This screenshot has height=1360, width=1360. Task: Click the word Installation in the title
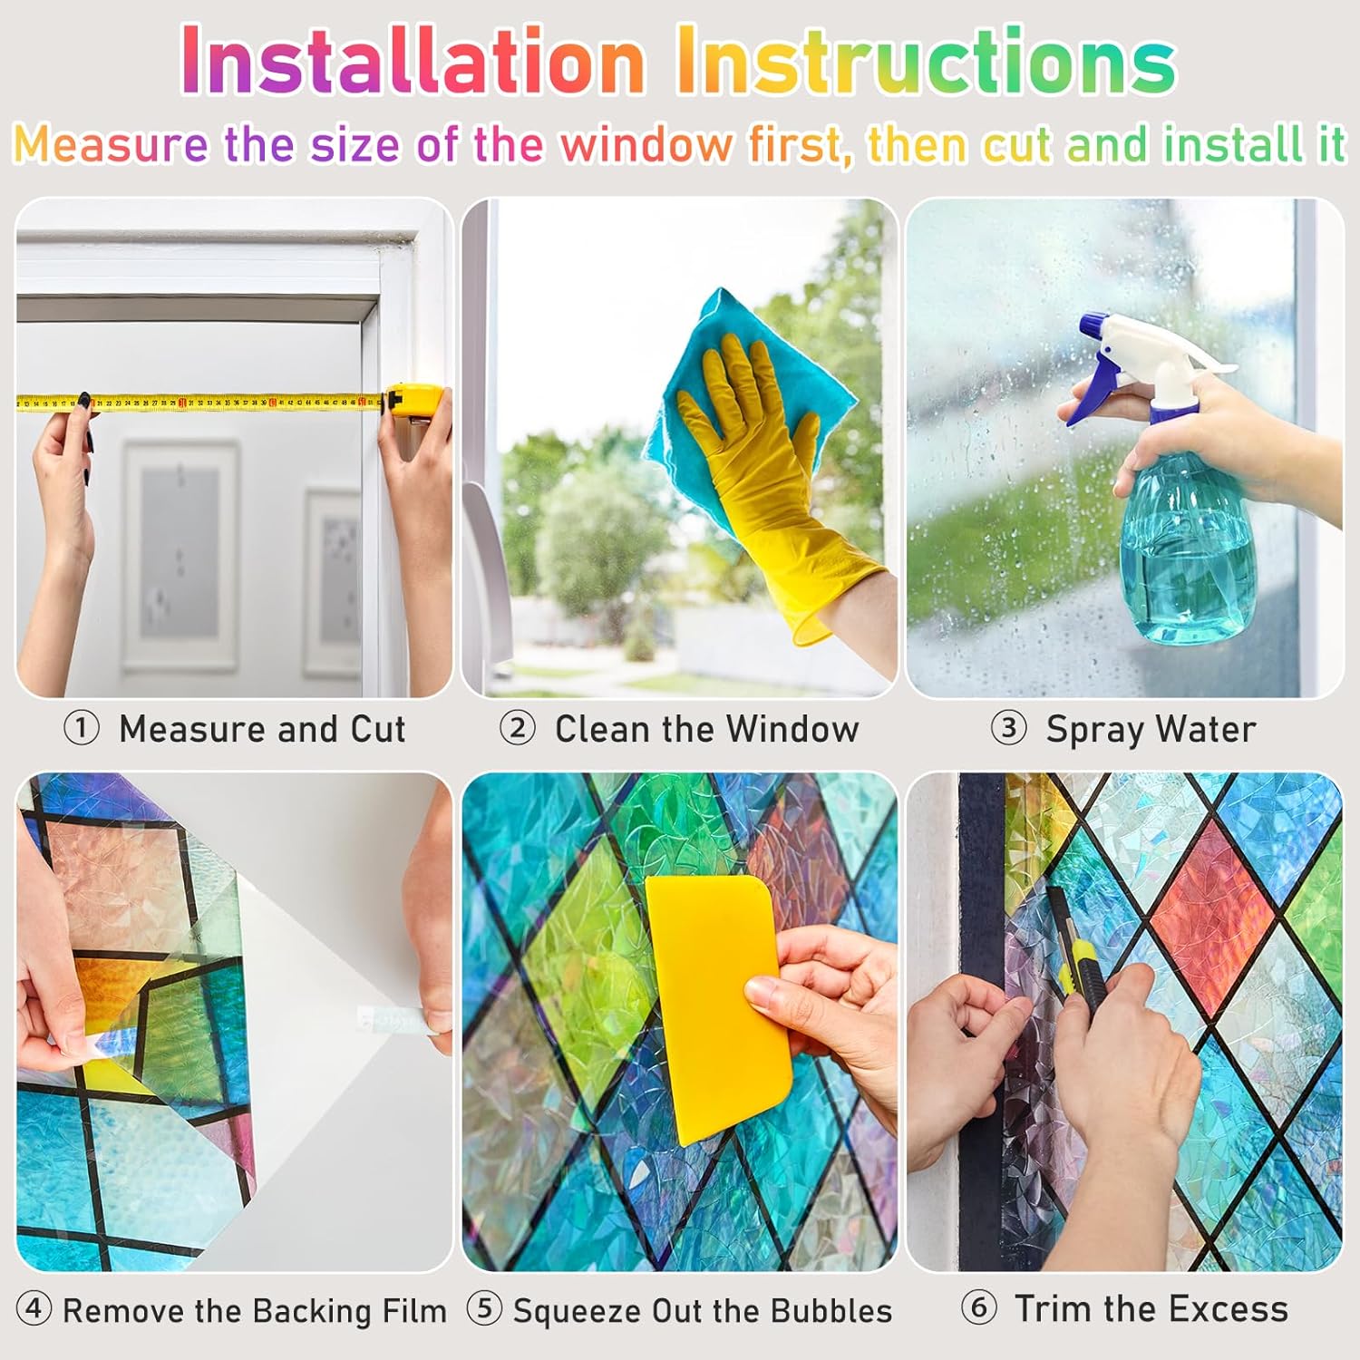pyautogui.click(x=413, y=61)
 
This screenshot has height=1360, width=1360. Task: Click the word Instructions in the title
pyautogui.click(x=926, y=61)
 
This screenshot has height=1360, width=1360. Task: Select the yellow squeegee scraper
pyautogui.click(x=716, y=1006)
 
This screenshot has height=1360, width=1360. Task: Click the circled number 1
pyautogui.click(x=82, y=728)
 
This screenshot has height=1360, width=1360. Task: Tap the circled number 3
pyautogui.click(x=1008, y=728)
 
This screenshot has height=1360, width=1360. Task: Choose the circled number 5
pyautogui.click(x=484, y=1309)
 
